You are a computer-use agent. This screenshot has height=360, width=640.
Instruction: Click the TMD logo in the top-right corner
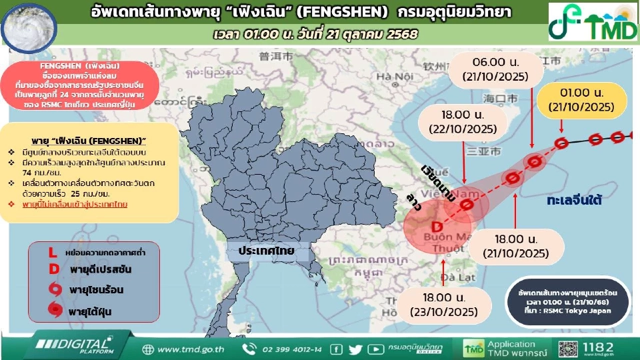click(593, 22)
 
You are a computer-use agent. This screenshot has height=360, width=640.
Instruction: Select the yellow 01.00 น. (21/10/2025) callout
click(581, 99)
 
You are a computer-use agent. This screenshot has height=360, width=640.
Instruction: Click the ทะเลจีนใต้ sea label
click(579, 200)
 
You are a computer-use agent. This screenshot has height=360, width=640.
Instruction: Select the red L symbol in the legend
click(53, 253)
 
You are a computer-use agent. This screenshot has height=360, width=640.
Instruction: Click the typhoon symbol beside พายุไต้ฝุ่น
click(53, 309)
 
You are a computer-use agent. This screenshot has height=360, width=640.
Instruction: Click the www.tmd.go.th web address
click(191, 349)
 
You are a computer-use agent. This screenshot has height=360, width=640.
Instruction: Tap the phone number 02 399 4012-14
click(291, 349)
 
